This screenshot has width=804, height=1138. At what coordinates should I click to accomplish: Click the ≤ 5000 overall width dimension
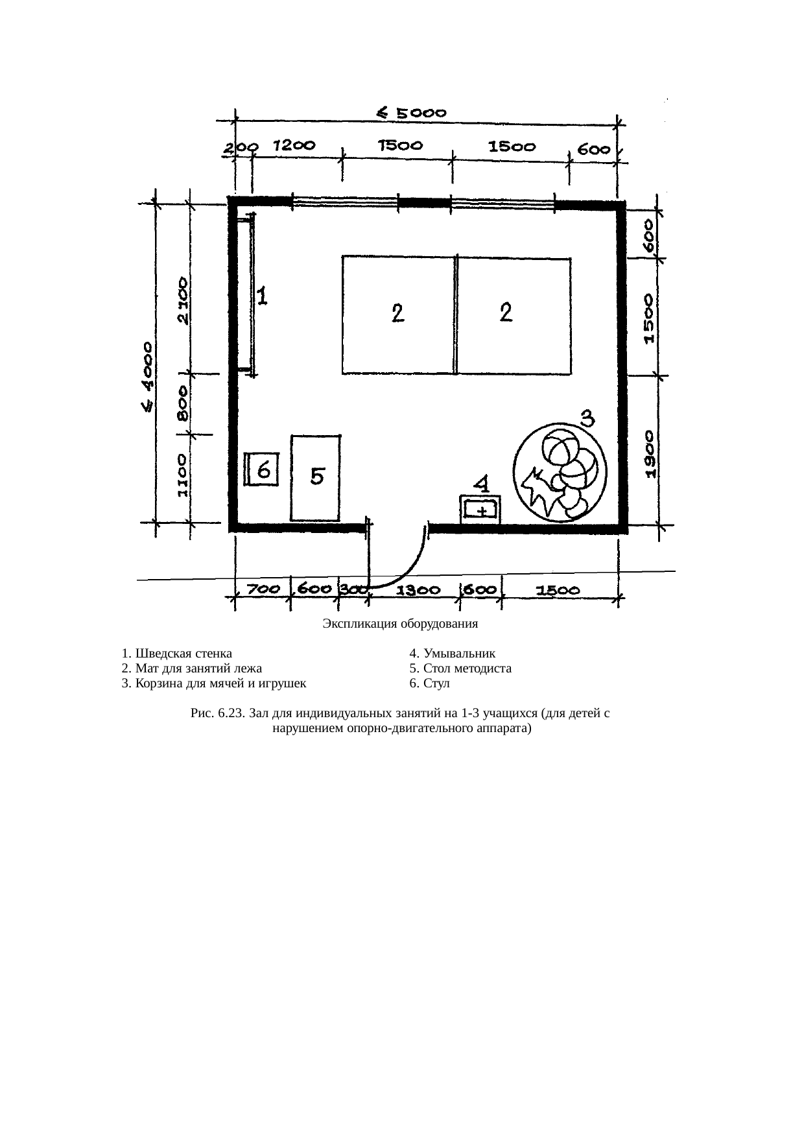point(412,113)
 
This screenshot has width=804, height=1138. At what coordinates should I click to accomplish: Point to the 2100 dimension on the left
point(184,301)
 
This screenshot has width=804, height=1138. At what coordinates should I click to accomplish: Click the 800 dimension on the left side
point(183,403)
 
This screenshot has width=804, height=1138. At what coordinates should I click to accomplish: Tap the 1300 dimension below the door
point(418,591)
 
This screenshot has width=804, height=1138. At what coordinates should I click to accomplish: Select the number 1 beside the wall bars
point(263,298)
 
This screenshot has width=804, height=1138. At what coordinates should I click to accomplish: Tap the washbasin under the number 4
point(480,509)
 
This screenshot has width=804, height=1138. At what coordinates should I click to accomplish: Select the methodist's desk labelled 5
point(316,478)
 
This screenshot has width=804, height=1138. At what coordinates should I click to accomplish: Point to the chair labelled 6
point(262,469)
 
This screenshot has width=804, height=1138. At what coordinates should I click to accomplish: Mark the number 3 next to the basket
point(586,417)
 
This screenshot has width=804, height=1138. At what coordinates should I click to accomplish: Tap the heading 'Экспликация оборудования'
point(400,624)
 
